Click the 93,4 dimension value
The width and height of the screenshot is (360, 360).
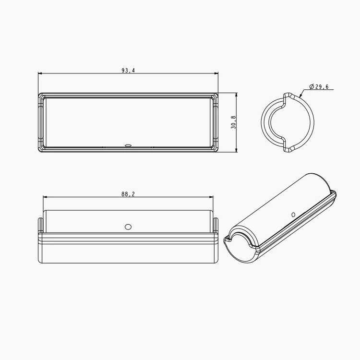pyautogui.click(x=128, y=71)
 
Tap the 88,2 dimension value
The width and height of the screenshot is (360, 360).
pyautogui.click(x=128, y=194)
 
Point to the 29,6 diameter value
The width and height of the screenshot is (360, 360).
pyautogui.click(x=322, y=86)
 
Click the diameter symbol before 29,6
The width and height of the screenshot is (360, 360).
pyautogui.click(x=312, y=86)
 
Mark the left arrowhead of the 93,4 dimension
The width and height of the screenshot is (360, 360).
pyautogui.click(x=40, y=73)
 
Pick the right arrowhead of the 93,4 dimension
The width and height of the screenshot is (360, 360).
pyautogui.click(x=216, y=73)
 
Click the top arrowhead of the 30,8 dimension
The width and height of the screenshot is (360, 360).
pyautogui.click(x=237, y=95)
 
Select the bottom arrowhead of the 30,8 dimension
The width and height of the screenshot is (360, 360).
pyautogui.click(x=237, y=150)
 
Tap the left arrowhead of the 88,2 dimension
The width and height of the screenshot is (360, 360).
pyautogui.click(x=46, y=197)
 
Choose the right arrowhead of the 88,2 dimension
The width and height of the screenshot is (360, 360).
pyautogui.click(x=211, y=197)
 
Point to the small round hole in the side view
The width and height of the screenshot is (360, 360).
pyautogui.click(x=128, y=226)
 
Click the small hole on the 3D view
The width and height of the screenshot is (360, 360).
pyautogui.click(x=293, y=215)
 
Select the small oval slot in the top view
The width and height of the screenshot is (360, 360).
pyautogui.click(x=128, y=144)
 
